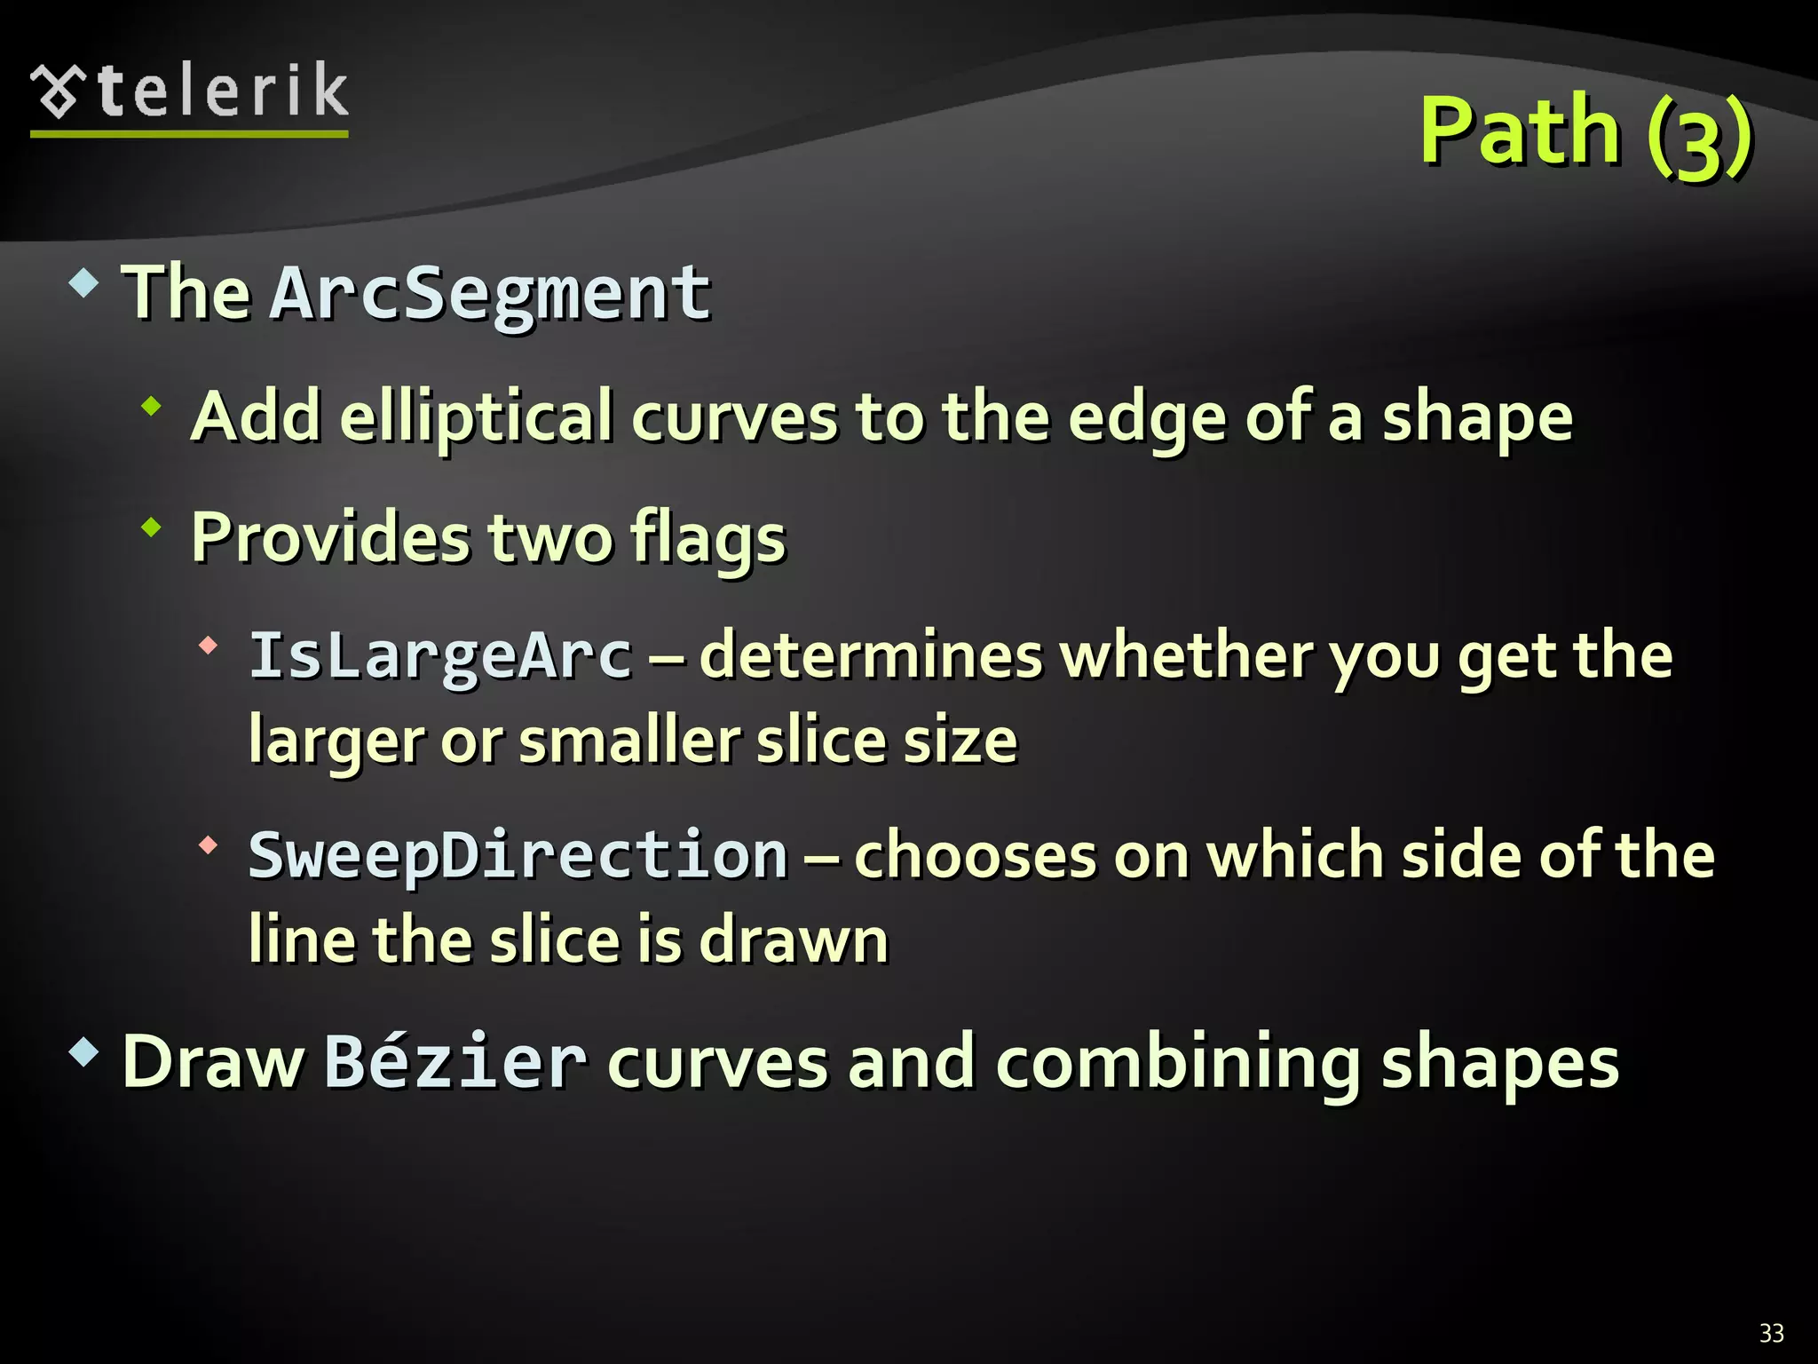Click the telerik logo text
tap(222, 91)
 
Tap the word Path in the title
tap(1521, 131)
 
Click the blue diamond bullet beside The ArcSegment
tap(83, 284)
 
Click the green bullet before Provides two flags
tap(152, 528)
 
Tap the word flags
tap(707, 540)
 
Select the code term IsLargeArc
tap(440, 655)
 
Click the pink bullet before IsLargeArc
tap(208, 646)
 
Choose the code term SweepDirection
tap(518, 854)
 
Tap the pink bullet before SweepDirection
tap(208, 845)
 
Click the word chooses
tap(976, 856)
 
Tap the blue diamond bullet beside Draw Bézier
tap(83, 1053)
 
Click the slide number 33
tap(1771, 1333)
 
